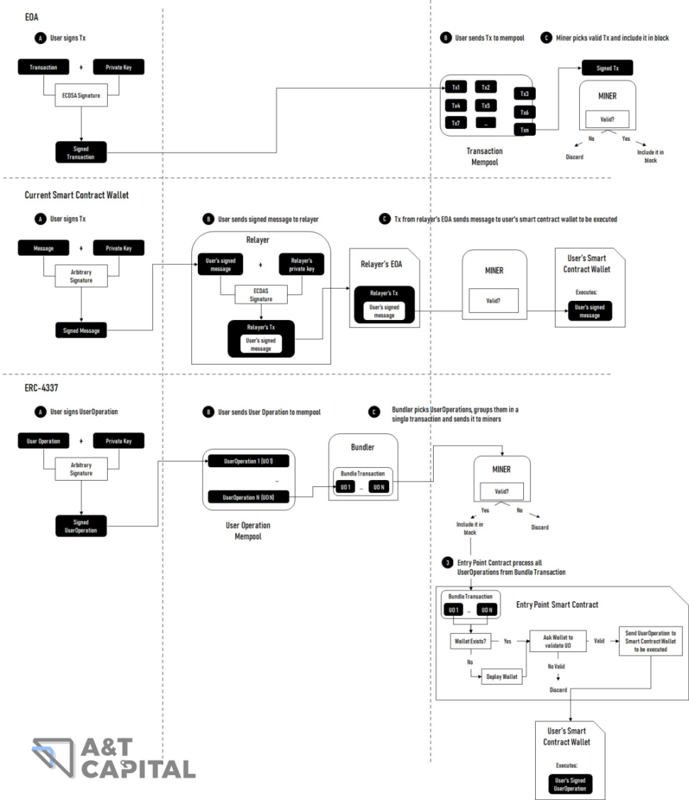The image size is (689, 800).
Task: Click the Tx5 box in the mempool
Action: pyautogui.click(x=486, y=105)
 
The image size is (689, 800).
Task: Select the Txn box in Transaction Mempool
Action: pyautogui.click(x=524, y=130)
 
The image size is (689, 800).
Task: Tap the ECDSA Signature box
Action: pyautogui.click(x=82, y=96)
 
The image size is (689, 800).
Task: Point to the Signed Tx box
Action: pyautogui.click(x=607, y=67)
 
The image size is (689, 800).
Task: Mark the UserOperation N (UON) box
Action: pyautogui.click(x=248, y=497)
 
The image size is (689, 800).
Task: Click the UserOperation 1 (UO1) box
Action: pyautogui.click(x=248, y=461)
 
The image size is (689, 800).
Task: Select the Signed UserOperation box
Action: pyautogui.click(x=81, y=526)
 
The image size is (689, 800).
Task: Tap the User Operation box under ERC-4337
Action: pyautogui.click(x=44, y=440)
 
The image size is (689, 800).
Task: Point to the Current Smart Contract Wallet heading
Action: pyautogui.click(x=77, y=195)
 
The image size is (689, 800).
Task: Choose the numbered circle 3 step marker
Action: pyautogui.click(x=447, y=563)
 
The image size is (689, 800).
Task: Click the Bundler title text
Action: pyautogui.click(x=363, y=448)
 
